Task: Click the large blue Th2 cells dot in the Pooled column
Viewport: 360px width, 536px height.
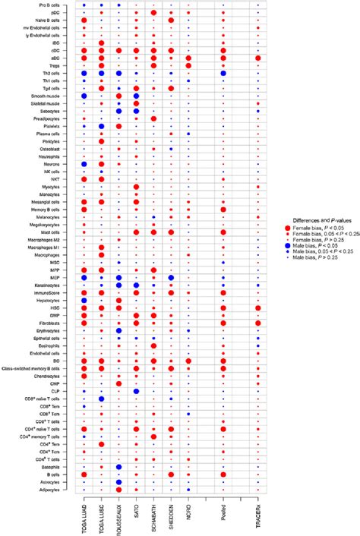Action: pos(223,73)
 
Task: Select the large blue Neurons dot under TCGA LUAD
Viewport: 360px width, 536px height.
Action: pos(84,164)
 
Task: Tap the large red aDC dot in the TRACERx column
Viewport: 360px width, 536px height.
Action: pos(259,58)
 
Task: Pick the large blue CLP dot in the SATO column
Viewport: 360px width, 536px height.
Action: pos(137,391)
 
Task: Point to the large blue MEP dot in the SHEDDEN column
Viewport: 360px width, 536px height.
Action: pos(172,278)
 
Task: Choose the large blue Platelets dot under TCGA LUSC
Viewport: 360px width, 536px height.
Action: pos(102,126)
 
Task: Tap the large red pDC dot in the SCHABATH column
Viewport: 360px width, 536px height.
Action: pos(154,13)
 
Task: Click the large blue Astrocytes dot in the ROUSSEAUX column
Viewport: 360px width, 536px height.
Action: pos(119,481)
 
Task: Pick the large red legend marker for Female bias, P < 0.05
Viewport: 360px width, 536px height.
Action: pos(286,227)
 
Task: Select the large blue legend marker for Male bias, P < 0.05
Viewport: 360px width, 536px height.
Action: pos(286,246)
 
